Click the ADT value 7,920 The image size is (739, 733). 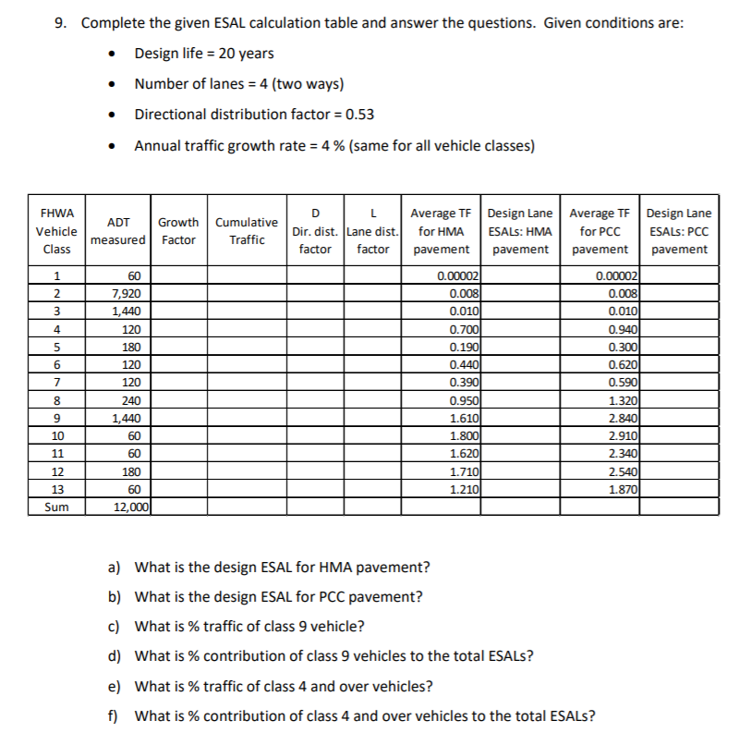[x=126, y=293]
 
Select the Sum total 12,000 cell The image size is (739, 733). [x=126, y=507]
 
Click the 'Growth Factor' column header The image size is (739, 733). [x=177, y=231]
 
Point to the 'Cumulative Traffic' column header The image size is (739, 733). [x=247, y=231]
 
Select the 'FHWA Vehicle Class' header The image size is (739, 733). [x=56, y=231]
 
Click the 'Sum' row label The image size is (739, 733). [x=56, y=507]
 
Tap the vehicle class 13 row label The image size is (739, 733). [x=56, y=490]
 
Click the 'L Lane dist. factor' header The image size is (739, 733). [x=373, y=231]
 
